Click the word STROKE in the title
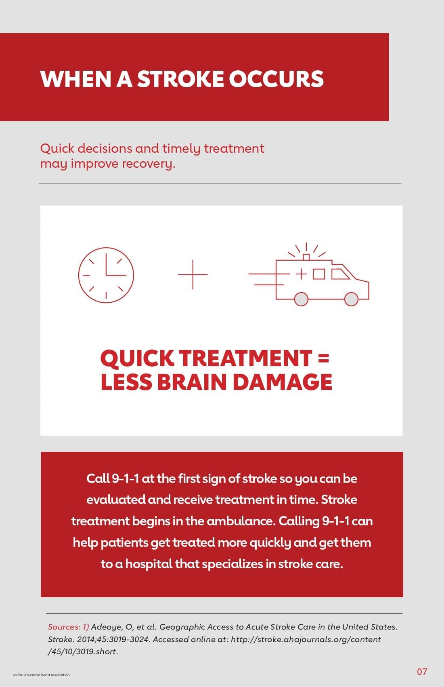tap(180, 79)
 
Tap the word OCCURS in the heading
tap(276, 79)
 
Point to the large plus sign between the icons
tap(193, 274)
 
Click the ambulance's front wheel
tap(351, 299)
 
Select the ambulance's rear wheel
tap(301, 299)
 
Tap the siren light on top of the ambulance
tap(306, 257)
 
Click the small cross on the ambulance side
tap(302, 274)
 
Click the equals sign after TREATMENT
tap(324, 358)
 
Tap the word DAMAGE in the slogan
tap(283, 382)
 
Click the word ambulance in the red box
tap(241, 521)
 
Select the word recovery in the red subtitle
tap(149, 164)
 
